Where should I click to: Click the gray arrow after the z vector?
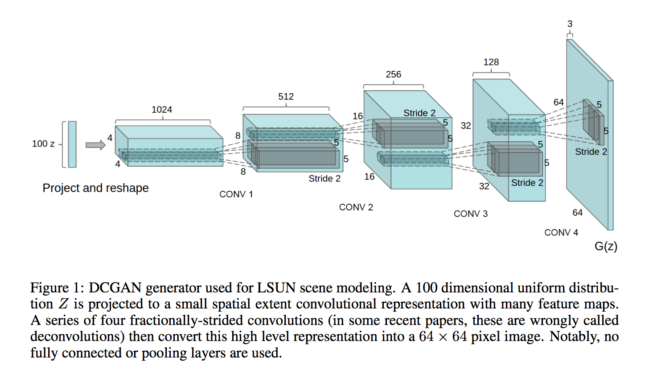pos(95,145)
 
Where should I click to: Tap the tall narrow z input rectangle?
pos(72,144)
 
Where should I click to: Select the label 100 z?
pos(43,144)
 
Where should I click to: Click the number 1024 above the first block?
pos(162,110)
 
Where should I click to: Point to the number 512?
pos(286,96)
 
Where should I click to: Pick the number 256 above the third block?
pos(394,74)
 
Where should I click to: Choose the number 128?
pos(491,62)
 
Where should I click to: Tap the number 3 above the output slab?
pos(570,24)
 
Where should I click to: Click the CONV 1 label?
pos(236,194)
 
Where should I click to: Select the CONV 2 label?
pos(356,207)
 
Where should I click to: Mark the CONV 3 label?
pos(471,214)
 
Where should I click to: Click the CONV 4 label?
pos(561,232)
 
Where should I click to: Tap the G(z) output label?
pos(606,246)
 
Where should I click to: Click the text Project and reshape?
pos(95,188)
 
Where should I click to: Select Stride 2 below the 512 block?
pos(324,178)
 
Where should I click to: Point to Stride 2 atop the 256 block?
pos(419,113)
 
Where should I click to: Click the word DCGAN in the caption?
pos(115,288)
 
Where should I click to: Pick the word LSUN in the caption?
pos(276,288)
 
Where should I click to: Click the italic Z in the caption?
pos(63,304)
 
